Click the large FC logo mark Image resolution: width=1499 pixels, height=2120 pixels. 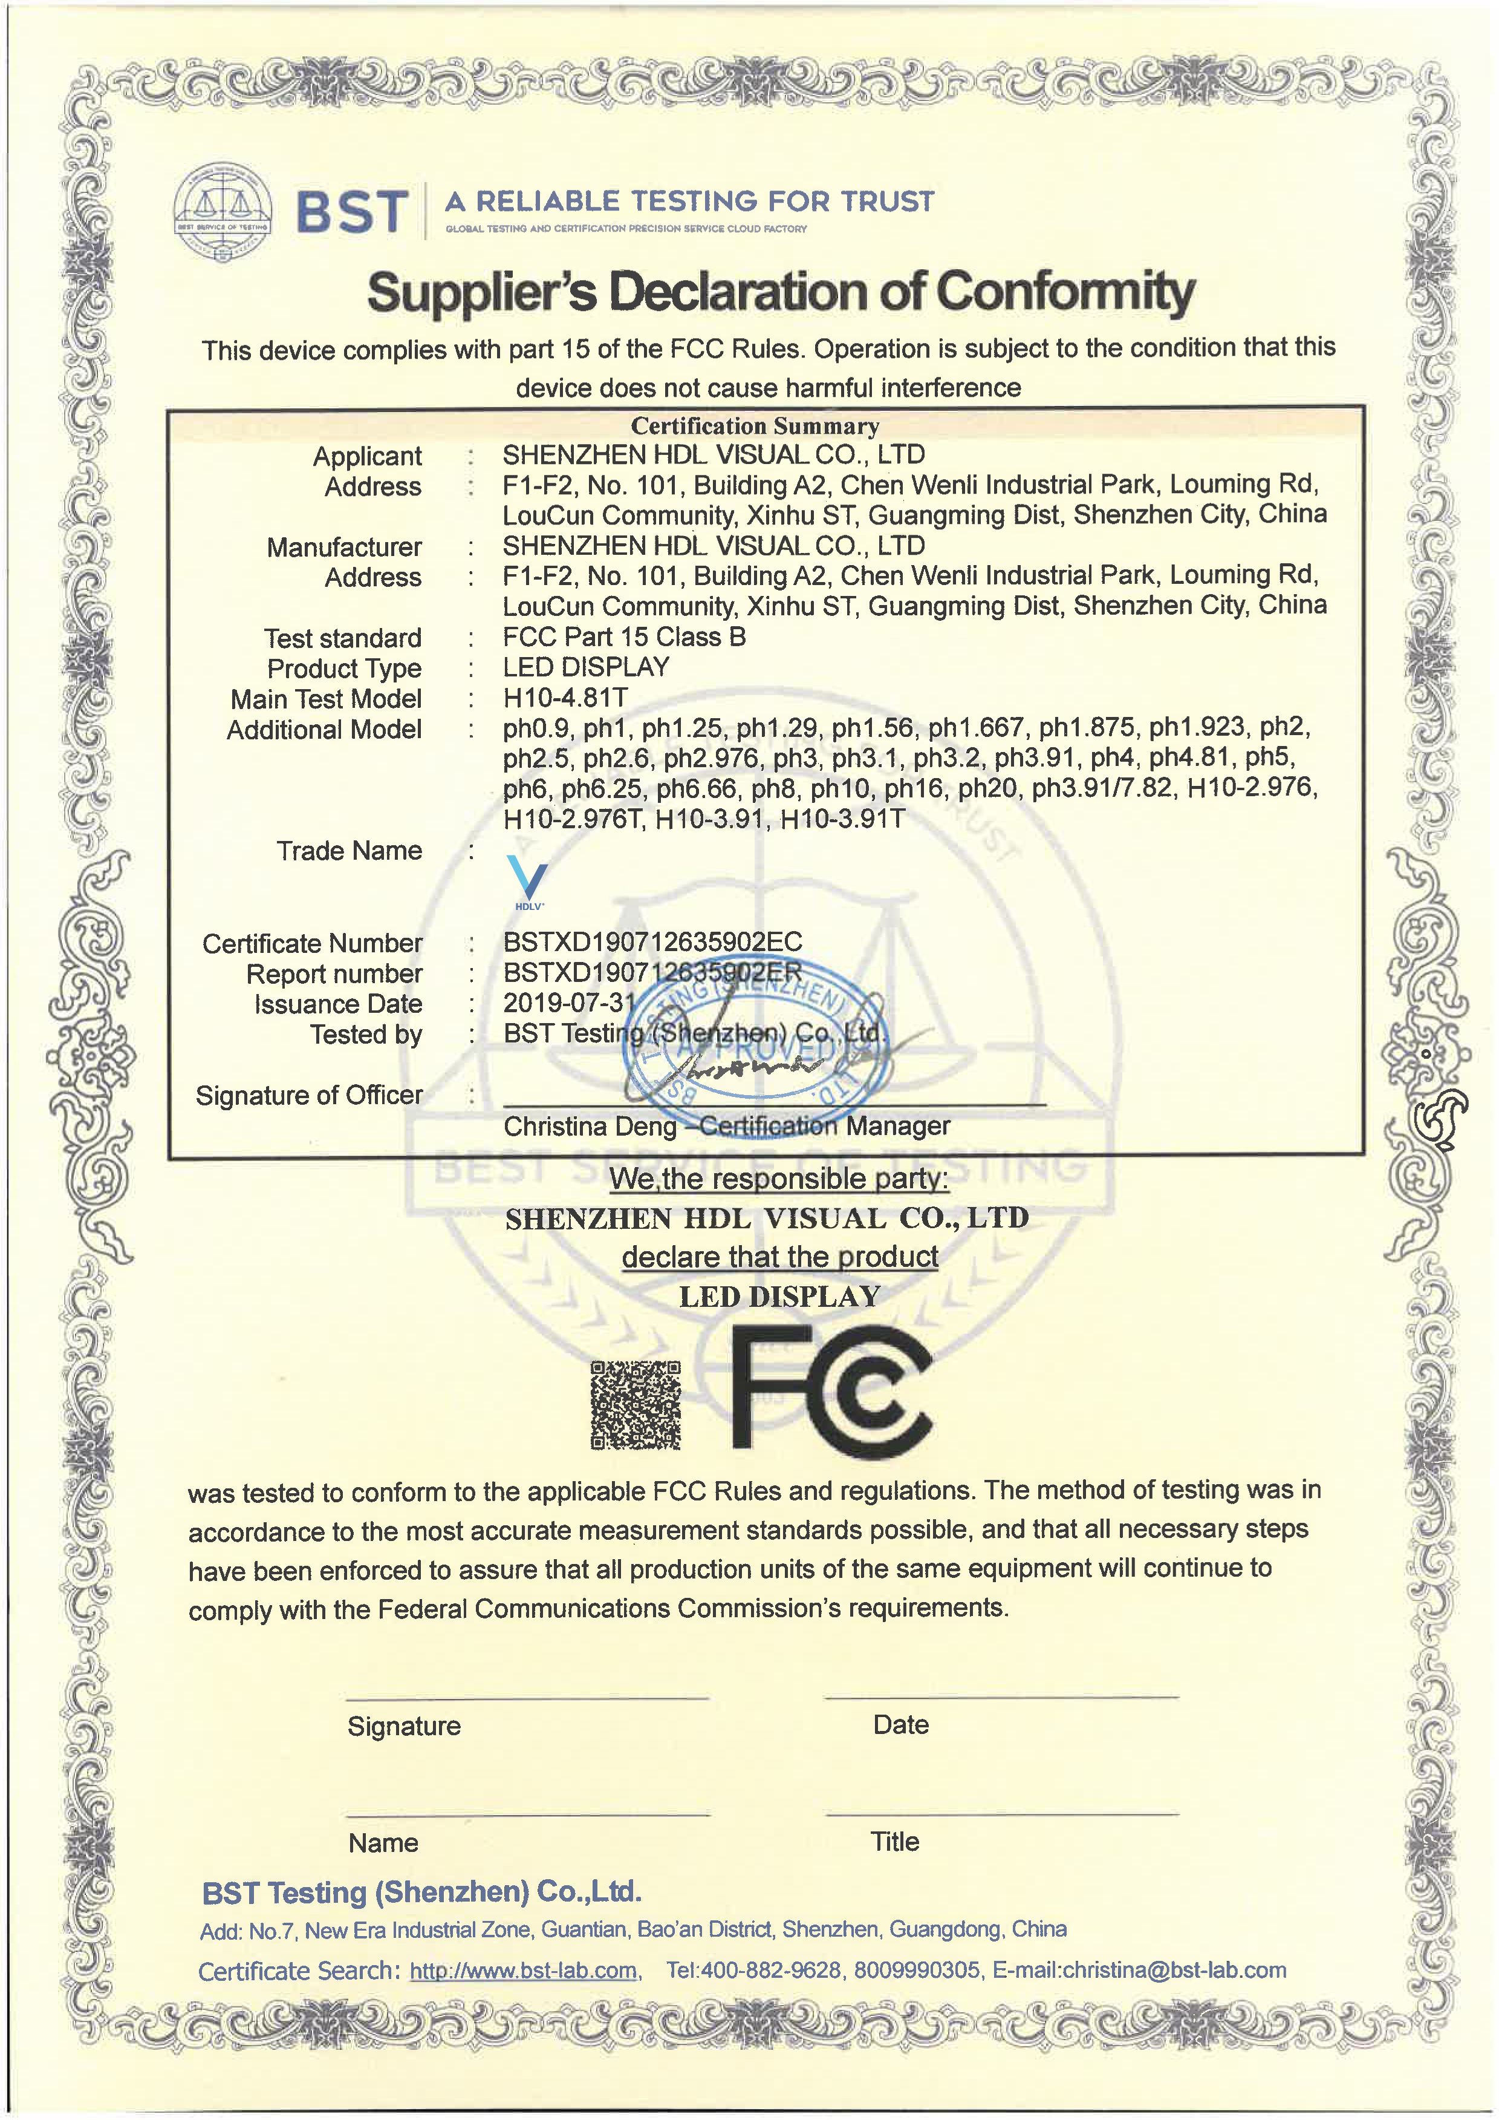coord(831,1392)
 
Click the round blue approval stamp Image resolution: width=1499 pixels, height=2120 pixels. coord(757,1041)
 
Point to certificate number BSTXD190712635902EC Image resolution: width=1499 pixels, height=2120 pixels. coord(652,942)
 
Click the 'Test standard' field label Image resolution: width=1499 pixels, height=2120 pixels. coord(342,638)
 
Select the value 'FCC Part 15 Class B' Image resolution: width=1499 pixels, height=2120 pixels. coord(624,637)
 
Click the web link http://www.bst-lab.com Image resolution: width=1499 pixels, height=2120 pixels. coord(524,1971)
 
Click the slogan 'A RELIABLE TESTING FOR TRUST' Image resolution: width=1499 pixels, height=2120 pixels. coord(689,201)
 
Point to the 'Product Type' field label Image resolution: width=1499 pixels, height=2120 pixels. coord(343,669)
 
